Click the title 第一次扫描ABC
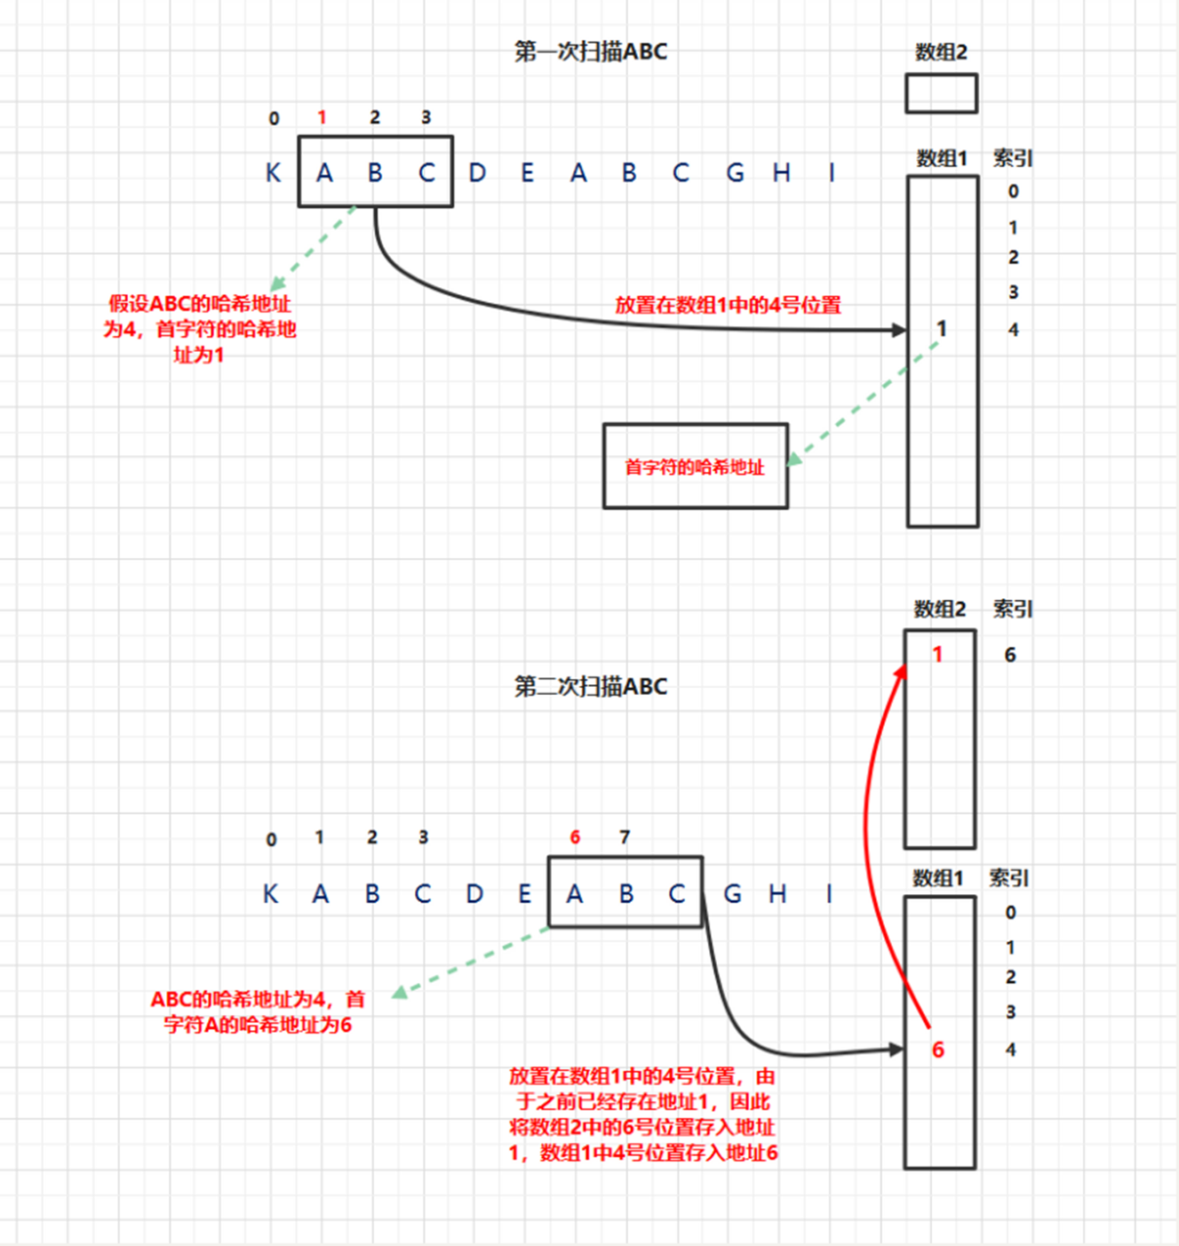(591, 52)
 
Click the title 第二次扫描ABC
(591, 686)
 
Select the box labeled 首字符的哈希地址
(695, 467)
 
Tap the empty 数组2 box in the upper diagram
(941, 93)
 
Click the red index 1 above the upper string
(322, 117)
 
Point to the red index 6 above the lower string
(575, 837)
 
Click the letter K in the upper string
(273, 172)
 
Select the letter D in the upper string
(477, 172)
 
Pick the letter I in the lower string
(829, 893)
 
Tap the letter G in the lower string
(733, 893)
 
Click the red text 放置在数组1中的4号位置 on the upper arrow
(728, 305)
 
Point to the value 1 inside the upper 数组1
(942, 329)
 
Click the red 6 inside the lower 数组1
(937, 1050)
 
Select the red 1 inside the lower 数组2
(937, 655)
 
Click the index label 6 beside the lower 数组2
(1010, 655)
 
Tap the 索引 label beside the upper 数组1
(1013, 158)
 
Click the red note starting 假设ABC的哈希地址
(200, 329)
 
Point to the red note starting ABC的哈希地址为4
(258, 1011)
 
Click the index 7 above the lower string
(625, 837)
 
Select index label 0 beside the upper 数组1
(1013, 191)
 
